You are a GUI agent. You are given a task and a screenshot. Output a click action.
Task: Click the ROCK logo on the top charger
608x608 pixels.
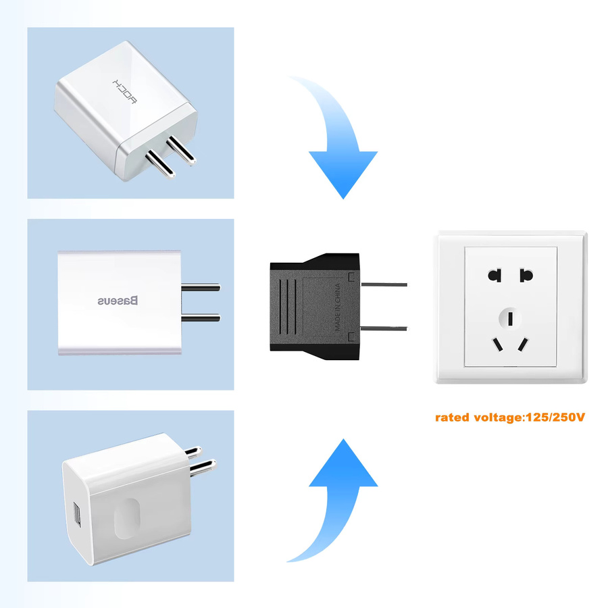[x=124, y=91]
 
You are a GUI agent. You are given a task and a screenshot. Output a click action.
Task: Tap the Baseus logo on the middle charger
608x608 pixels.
[x=118, y=301]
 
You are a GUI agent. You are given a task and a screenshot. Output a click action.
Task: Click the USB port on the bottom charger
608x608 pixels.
[x=78, y=515]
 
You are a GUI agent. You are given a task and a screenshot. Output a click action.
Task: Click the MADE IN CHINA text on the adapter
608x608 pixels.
[x=337, y=307]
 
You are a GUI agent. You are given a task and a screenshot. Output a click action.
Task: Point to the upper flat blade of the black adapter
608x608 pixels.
[x=384, y=284]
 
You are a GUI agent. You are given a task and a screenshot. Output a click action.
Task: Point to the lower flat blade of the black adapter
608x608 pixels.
[x=384, y=328]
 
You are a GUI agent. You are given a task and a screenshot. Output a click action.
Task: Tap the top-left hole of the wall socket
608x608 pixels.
[x=495, y=276]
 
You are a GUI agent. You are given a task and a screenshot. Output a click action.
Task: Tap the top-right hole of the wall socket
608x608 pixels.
[x=526, y=276]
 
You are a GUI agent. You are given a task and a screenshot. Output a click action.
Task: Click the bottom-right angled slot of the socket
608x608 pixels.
[x=523, y=345]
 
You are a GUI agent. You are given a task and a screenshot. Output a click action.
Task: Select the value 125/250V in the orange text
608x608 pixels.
[x=555, y=417]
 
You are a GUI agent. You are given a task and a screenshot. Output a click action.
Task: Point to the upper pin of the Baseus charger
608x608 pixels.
[x=201, y=287]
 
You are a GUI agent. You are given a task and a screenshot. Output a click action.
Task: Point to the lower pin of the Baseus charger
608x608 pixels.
[x=201, y=318]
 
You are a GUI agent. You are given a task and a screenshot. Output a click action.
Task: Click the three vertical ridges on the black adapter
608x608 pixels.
[x=287, y=307]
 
